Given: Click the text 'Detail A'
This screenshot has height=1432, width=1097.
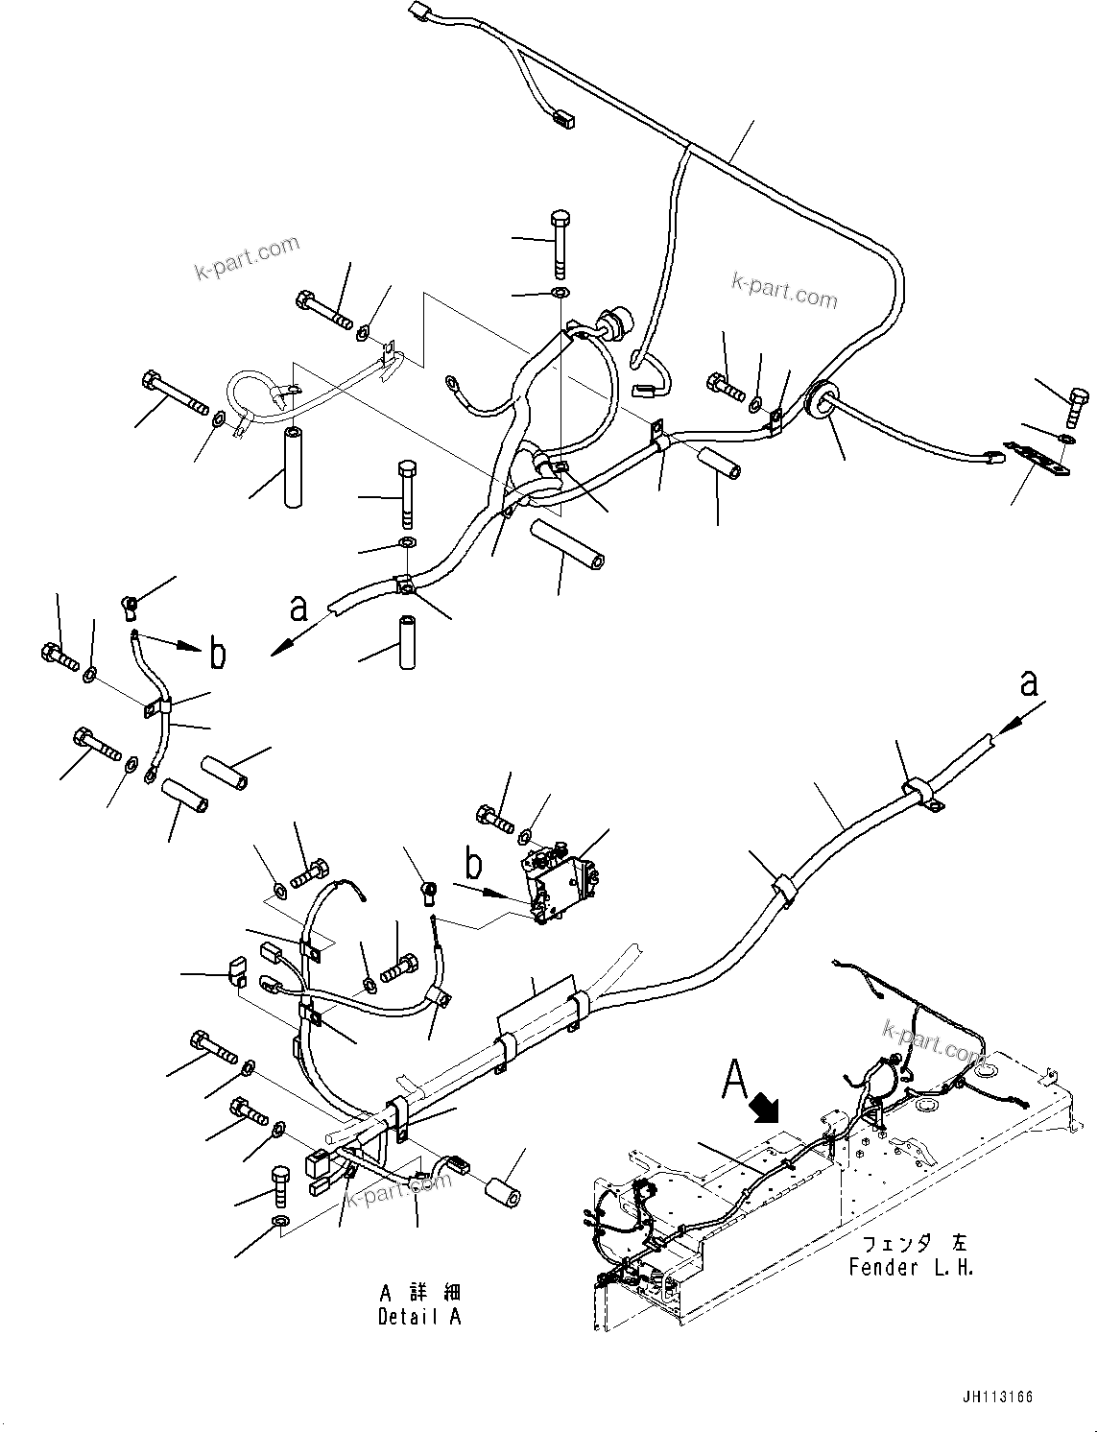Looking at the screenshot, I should coord(418,1317).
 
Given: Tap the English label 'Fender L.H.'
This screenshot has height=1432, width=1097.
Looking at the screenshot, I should coord(911,1267).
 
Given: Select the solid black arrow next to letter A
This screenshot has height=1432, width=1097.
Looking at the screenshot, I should coord(769,1110).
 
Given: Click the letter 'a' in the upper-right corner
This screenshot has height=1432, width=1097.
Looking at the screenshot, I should coord(1028,683).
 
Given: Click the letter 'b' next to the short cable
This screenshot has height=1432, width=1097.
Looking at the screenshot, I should coord(218,655).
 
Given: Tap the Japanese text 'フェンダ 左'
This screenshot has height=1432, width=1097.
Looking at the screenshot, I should coord(910,1245).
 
